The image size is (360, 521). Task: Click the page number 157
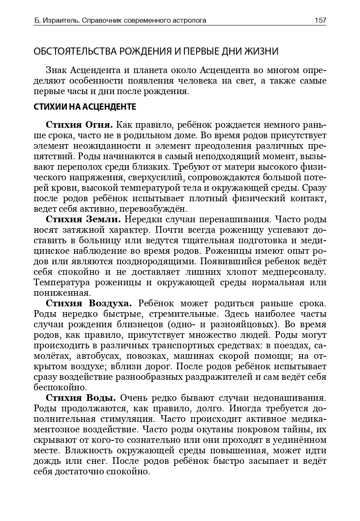(x=320, y=20)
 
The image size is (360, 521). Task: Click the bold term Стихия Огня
(x=79, y=125)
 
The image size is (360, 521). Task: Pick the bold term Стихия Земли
(x=83, y=220)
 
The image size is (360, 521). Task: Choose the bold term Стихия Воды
(x=81, y=397)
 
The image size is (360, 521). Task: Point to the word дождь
(x=46, y=460)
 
